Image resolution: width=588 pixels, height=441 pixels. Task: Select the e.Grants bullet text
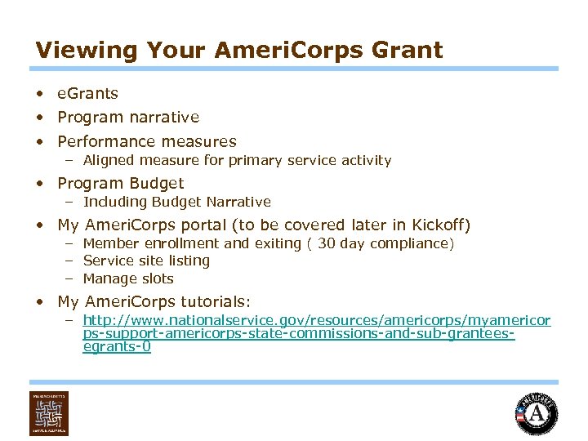pos(87,94)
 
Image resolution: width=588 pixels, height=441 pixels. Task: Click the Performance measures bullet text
pos(147,141)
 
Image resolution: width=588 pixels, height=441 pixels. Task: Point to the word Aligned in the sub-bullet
pos(109,161)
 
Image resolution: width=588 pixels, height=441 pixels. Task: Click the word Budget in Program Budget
pos(155,184)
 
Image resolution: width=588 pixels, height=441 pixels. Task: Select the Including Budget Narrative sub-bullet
pos(176,202)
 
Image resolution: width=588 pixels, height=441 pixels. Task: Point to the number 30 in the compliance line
pos(327,243)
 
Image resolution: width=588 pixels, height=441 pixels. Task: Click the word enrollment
pos(182,243)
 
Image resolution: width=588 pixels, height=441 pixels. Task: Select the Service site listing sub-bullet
pos(146,261)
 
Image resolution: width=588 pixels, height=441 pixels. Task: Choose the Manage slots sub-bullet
pos(128,279)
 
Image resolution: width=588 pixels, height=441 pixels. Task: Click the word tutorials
pos(215,301)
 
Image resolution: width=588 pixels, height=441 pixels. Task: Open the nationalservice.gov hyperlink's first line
pos(317,321)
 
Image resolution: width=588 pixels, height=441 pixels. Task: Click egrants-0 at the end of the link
pos(117,348)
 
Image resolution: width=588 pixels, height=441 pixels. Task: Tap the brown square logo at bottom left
pos(49,413)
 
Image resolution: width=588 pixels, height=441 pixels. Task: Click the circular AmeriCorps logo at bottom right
pos(537,414)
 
